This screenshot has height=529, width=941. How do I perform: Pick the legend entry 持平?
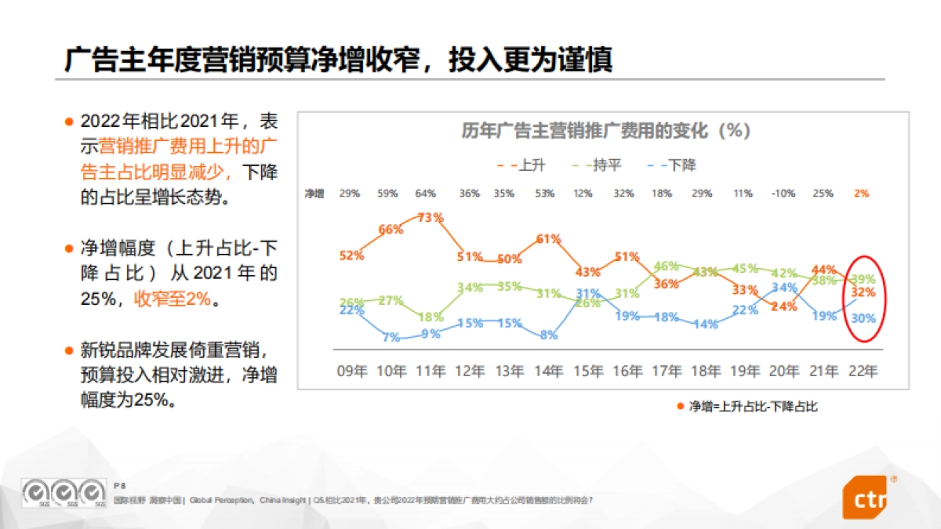pos(598,165)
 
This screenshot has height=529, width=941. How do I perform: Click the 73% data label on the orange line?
pos(431,218)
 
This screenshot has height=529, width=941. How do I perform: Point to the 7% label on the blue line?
pos(391,337)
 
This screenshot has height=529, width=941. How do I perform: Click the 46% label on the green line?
pos(666,266)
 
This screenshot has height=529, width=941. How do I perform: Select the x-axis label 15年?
pos(587,371)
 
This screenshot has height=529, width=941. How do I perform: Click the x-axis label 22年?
pos(863,371)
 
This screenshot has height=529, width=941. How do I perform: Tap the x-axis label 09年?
pos(351,371)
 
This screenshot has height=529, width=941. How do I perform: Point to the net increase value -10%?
pos(783,193)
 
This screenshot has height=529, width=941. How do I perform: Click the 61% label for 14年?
pos(548,238)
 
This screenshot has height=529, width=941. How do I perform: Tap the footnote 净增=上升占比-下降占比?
pos(752,406)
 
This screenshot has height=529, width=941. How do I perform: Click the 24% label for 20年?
pos(783,306)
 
